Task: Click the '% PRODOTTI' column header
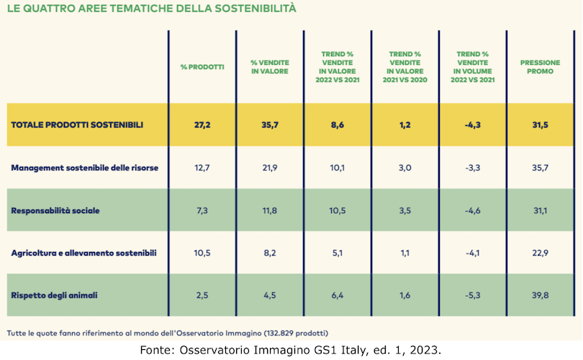point(202,67)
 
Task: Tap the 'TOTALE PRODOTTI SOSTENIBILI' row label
point(77,125)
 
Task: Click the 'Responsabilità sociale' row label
point(55,210)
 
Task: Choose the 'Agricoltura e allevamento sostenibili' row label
point(83,253)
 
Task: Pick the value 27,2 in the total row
point(202,125)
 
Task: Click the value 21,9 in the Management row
point(269,168)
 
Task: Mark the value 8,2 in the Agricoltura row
point(269,253)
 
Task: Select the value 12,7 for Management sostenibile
point(202,168)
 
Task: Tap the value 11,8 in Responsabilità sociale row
point(269,210)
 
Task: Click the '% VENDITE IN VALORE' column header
point(269,67)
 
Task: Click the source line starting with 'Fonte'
point(291,349)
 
